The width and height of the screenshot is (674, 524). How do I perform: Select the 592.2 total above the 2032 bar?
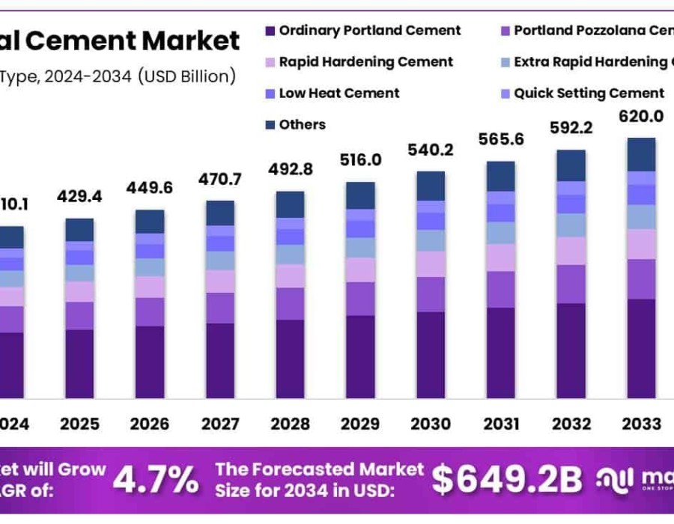(571, 128)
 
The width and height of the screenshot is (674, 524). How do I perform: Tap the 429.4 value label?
(79, 197)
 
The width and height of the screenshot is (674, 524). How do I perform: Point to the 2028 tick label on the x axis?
(290, 424)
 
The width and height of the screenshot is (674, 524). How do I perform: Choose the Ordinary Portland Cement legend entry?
(369, 31)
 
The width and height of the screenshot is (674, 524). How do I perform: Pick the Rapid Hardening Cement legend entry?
(365, 61)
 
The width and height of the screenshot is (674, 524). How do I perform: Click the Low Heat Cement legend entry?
(338, 93)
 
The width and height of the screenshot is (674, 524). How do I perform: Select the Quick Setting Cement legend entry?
(589, 93)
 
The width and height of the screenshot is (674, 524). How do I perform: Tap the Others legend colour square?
(270, 125)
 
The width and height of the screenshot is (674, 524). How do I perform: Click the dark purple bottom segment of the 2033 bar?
(641, 348)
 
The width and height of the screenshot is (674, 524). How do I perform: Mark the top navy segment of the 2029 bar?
(360, 195)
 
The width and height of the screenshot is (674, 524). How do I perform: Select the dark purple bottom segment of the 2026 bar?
(150, 362)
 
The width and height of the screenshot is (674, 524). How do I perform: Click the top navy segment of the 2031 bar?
(501, 176)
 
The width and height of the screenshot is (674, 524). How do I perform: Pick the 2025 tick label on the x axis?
(79, 424)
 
